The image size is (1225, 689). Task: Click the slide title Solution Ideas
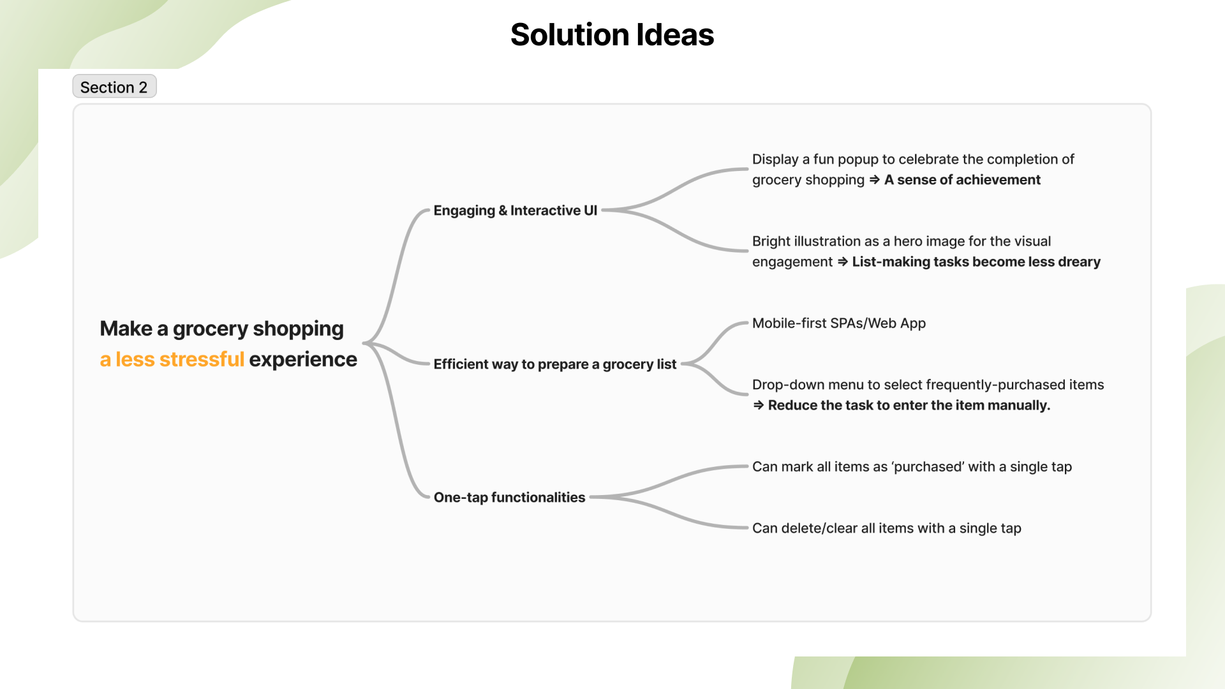pyautogui.click(x=612, y=34)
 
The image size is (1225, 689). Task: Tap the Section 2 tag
pyautogui.click(x=114, y=87)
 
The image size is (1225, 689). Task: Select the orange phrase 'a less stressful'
pyautogui.click(x=172, y=360)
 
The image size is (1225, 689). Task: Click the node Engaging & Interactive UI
pyautogui.click(x=515, y=211)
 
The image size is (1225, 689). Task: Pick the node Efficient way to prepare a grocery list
pyautogui.click(x=554, y=364)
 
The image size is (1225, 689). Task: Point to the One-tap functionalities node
pyautogui.click(x=509, y=498)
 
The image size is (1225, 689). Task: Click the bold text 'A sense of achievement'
pyautogui.click(x=962, y=180)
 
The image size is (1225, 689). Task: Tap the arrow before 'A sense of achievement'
pyautogui.click(x=874, y=180)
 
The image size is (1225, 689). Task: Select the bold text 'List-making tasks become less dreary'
pyautogui.click(x=976, y=262)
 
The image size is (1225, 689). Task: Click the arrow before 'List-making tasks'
pyautogui.click(x=842, y=262)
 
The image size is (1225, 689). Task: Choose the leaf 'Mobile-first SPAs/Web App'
pyautogui.click(x=838, y=323)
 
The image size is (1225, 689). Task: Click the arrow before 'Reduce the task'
pyautogui.click(x=758, y=406)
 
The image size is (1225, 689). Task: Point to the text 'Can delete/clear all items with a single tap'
pyautogui.click(x=886, y=528)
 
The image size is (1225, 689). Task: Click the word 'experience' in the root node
pyautogui.click(x=303, y=360)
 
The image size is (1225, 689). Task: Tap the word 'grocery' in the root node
pyautogui.click(x=210, y=329)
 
